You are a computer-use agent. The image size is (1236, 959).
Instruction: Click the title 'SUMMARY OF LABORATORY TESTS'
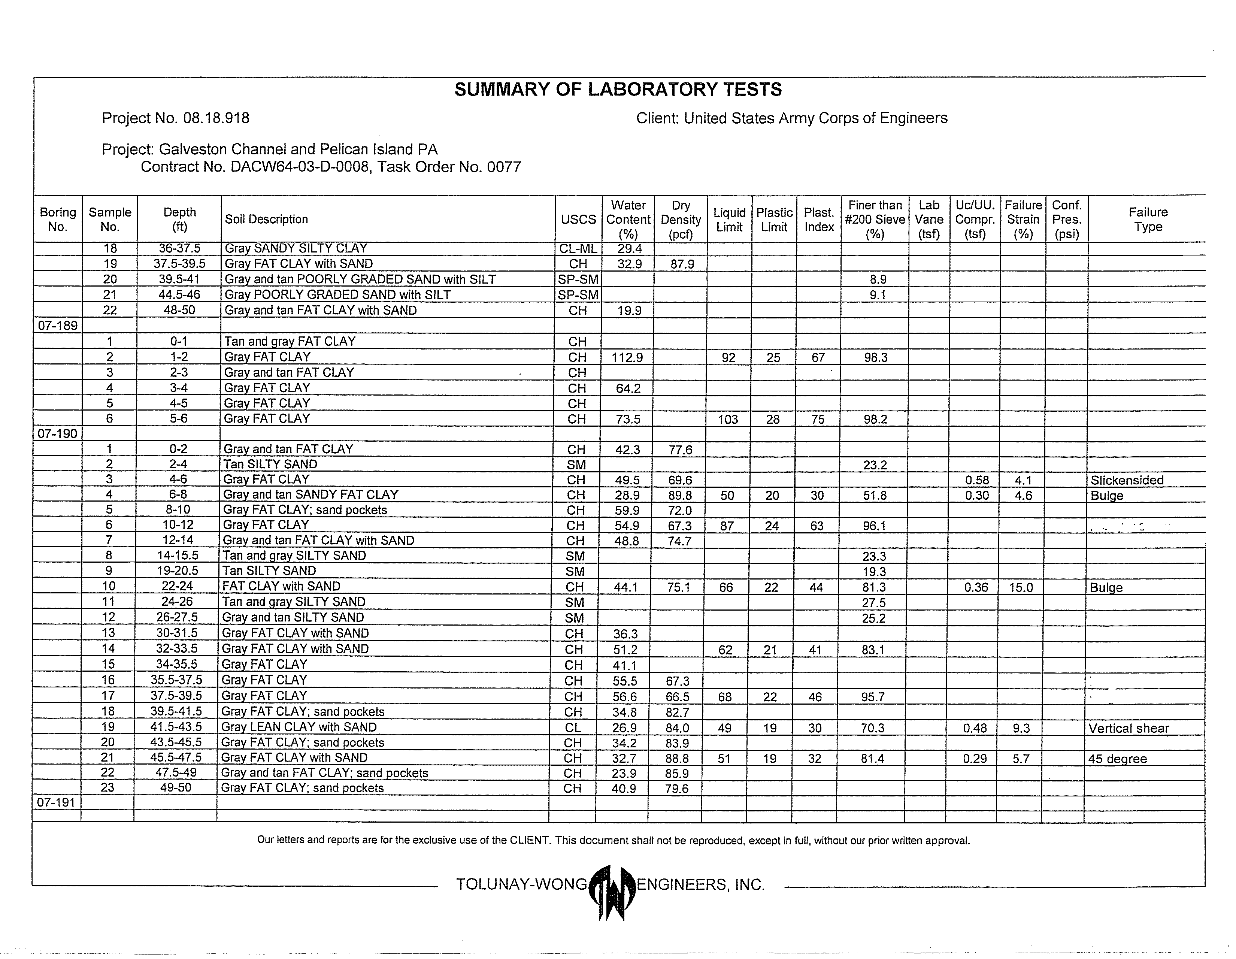pyautogui.click(x=618, y=90)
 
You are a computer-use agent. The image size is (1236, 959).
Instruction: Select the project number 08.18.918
pyautogui.click(x=216, y=118)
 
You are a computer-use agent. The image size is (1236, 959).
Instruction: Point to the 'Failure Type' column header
pyautogui.click(x=1148, y=220)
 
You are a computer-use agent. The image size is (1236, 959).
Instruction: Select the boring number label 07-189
pyautogui.click(x=57, y=326)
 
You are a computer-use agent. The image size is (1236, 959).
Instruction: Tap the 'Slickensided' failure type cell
pyautogui.click(x=1127, y=480)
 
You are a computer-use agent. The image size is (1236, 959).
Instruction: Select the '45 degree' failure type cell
pyautogui.click(x=1117, y=759)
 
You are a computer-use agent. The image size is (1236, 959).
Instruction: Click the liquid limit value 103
pyautogui.click(x=728, y=420)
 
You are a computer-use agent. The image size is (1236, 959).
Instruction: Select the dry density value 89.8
pyautogui.click(x=680, y=495)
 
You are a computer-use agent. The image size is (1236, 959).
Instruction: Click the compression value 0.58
pyautogui.click(x=977, y=480)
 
